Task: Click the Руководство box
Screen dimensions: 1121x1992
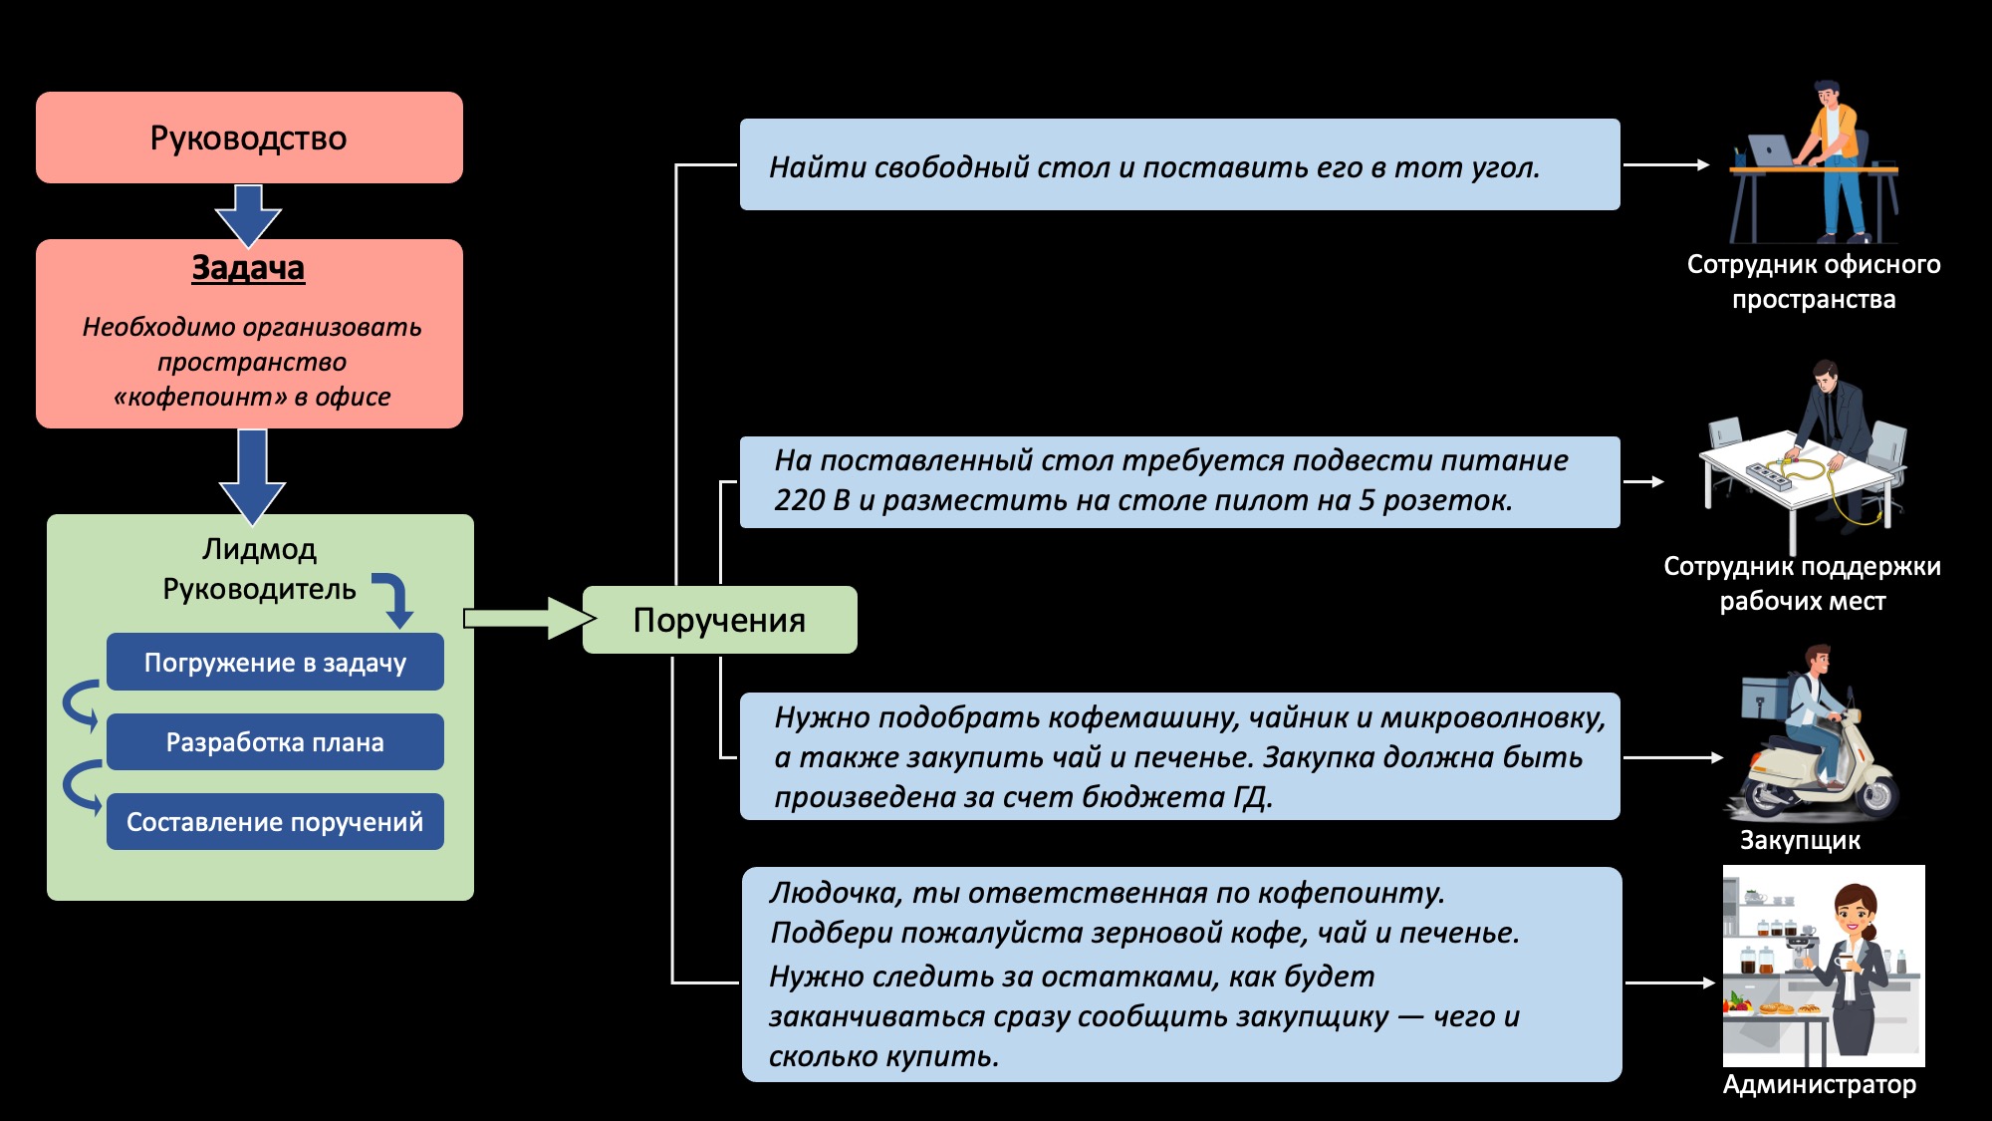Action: click(x=249, y=138)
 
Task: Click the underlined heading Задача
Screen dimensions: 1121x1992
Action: click(x=248, y=268)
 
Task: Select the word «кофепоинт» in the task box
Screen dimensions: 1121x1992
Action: click(x=199, y=397)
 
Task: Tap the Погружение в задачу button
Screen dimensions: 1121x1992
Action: click(x=275, y=663)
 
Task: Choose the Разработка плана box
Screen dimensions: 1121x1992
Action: click(x=275, y=742)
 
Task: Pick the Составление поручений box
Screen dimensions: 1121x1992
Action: click(x=275, y=822)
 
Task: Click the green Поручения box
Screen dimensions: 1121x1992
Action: click(x=719, y=620)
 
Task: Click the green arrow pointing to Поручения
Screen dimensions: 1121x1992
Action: click(x=528, y=619)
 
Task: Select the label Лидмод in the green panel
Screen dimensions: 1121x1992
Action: click(x=259, y=549)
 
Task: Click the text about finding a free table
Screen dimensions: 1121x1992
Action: click(x=1153, y=167)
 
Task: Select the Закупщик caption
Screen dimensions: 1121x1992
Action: click(x=1800, y=840)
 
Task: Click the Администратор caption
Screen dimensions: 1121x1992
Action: click(x=1819, y=1084)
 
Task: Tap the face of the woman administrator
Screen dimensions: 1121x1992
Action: click(x=1855, y=911)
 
